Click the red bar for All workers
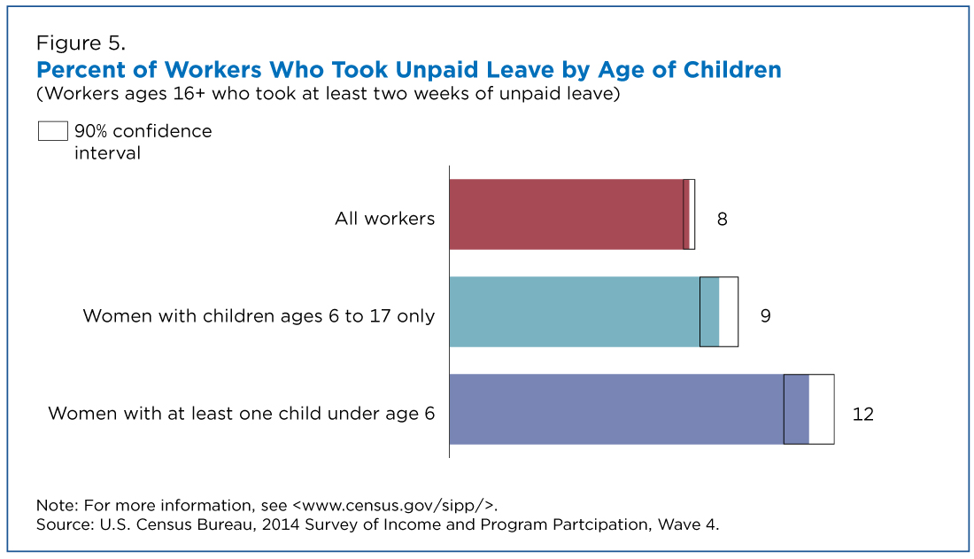click(569, 214)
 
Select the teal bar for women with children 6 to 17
click(584, 312)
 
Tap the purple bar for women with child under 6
click(629, 409)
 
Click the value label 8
click(722, 219)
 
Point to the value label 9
click(765, 316)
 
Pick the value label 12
click(862, 414)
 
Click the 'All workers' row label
click(384, 218)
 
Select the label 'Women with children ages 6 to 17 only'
click(259, 316)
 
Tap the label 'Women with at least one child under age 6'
click(241, 414)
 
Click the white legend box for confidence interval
click(53, 131)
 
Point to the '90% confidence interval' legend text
click(143, 142)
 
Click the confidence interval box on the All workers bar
click(689, 214)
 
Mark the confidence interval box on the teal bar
click(719, 312)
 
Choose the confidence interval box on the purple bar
click(808, 409)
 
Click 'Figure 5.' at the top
click(81, 43)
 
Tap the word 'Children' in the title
click(732, 70)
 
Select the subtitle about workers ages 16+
click(328, 94)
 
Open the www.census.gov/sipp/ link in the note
click(393, 505)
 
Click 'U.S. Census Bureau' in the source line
click(178, 524)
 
